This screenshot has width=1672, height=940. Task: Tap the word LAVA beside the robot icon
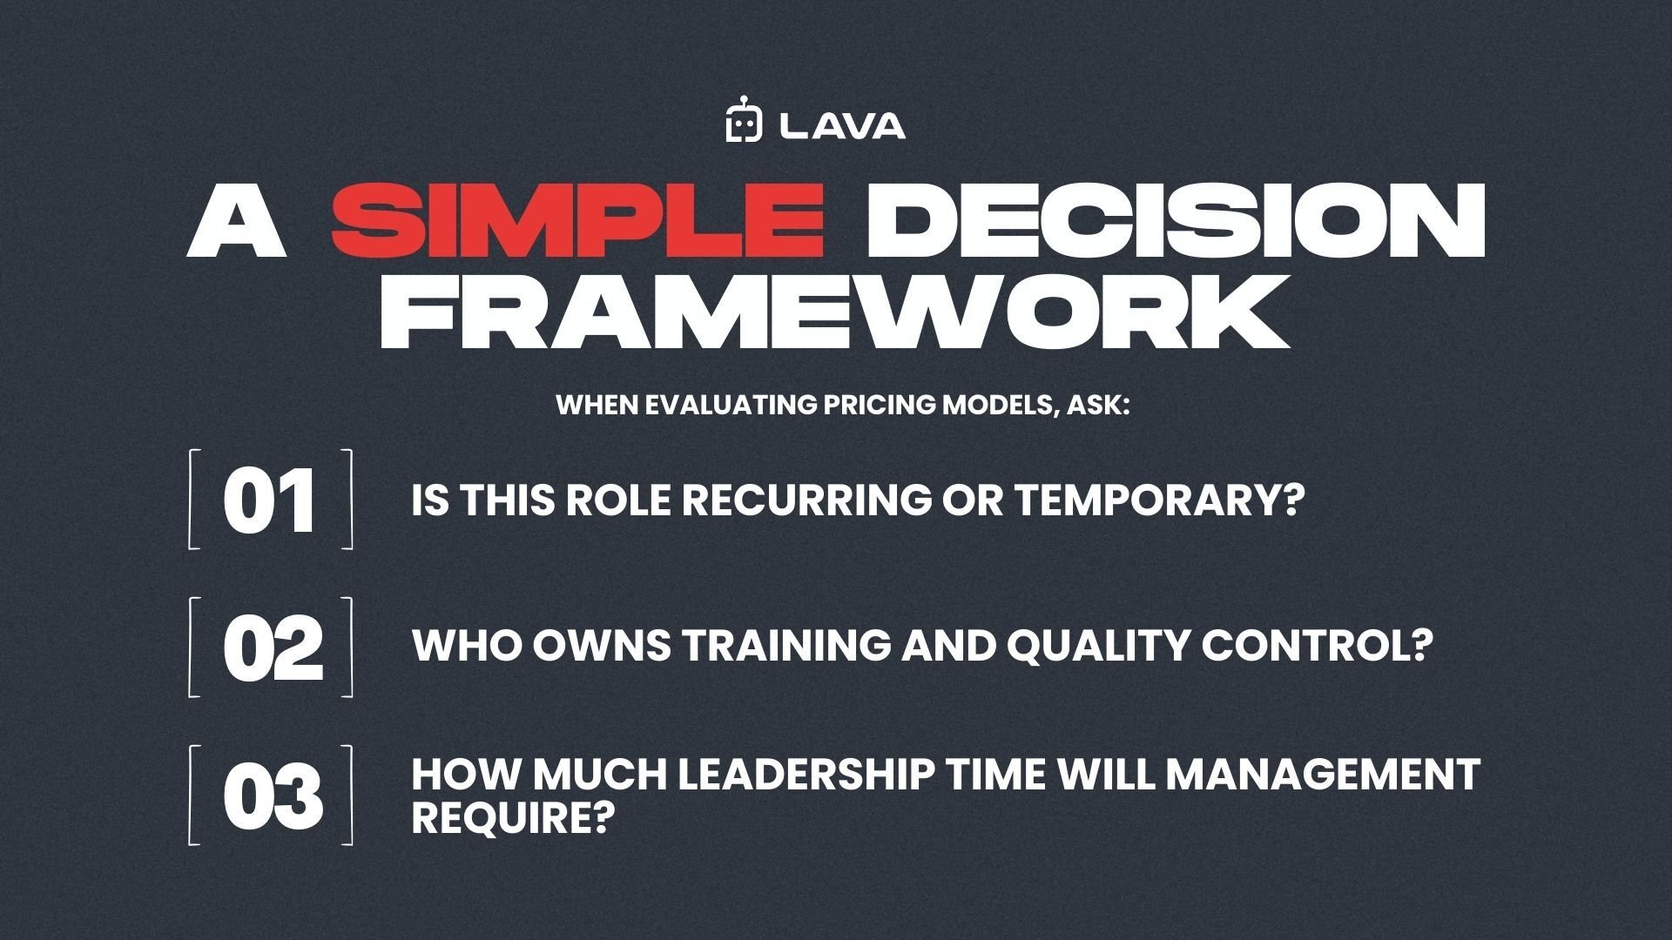point(843,127)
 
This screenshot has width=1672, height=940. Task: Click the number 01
point(269,501)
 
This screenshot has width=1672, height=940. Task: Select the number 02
point(272,649)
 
